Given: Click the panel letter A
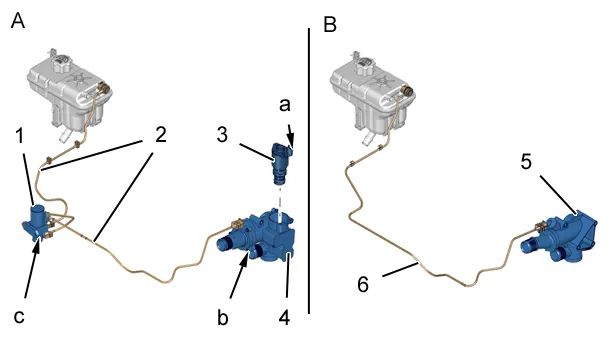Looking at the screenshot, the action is [x=18, y=21].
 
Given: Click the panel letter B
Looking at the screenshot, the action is [x=330, y=25].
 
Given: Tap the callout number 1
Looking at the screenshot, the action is [x=20, y=136].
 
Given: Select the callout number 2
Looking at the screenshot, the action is [x=160, y=135].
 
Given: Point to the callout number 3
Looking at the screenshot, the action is [x=222, y=135].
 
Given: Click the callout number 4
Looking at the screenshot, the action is [x=284, y=317].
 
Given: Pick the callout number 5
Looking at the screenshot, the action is [x=526, y=161].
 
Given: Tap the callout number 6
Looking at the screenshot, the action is [x=363, y=284].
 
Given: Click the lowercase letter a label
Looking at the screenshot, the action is [x=285, y=105].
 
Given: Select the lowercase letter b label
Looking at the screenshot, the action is [x=222, y=317].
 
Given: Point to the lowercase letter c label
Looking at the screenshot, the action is [x=19, y=317].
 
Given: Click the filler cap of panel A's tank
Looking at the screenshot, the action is [x=61, y=62].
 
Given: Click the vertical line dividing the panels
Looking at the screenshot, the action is [x=309, y=171].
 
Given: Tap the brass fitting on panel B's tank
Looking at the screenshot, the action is [x=409, y=91].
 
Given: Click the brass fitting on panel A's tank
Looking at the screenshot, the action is [x=104, y=87].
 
